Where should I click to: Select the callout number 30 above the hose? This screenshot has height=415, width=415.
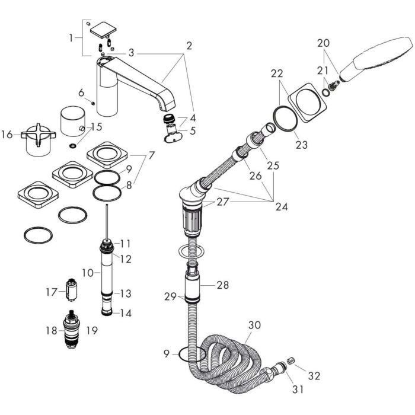254,325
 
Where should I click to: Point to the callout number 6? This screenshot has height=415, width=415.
82,92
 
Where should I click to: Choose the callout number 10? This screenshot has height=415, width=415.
87,273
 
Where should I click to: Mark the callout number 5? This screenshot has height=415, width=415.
191,131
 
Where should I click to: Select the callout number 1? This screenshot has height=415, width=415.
72,37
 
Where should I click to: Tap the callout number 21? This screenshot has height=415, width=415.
323,71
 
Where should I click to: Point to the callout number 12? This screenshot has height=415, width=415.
125,259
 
